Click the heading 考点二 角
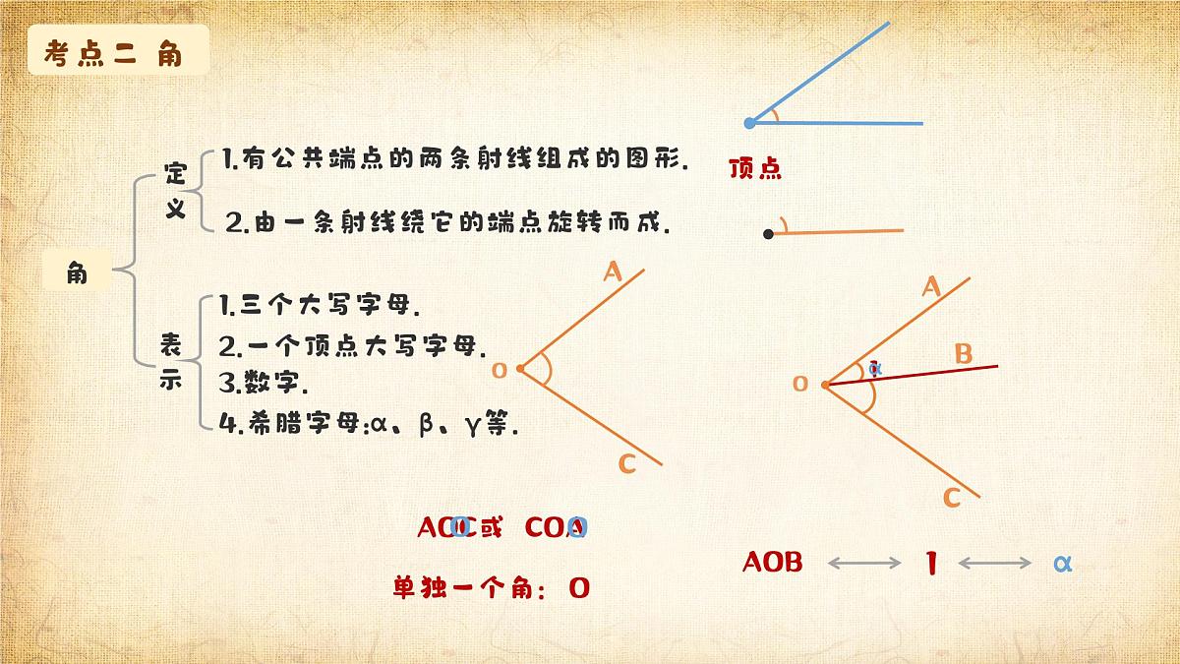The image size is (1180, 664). coord(113,54)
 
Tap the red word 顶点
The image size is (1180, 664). coord(755,169)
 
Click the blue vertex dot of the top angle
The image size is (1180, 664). coord(749,123)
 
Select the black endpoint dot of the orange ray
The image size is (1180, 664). coord(768,234)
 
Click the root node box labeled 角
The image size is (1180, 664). coord(77,272)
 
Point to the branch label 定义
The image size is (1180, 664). coord(175,192)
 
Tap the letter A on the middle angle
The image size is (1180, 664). coord(613,272)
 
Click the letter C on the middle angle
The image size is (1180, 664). coord(627,464)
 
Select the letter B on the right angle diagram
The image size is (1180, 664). coord(964,353)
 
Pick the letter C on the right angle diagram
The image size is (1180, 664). coord(951,498)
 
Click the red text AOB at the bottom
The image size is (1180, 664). coord(773,562)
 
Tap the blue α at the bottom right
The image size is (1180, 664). coord(1061,563)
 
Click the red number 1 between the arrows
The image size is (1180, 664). coord(930,564)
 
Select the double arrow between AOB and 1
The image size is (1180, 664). coord(864,563)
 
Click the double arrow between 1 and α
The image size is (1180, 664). coord(994,563)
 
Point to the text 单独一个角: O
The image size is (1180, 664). coord(491,588)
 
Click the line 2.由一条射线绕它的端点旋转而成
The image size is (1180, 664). coord(447,223)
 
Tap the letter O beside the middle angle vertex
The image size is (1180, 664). coord(499,370)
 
